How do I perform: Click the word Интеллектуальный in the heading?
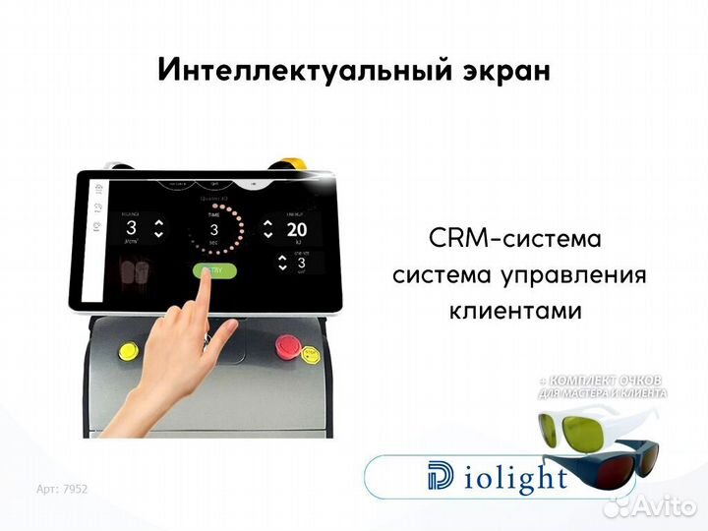pos(273,70)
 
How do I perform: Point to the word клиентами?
pos(515,311)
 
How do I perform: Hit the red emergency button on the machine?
pos(288,345)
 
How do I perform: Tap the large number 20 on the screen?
pos(298,230)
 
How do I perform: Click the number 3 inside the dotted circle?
pos(212,231)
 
